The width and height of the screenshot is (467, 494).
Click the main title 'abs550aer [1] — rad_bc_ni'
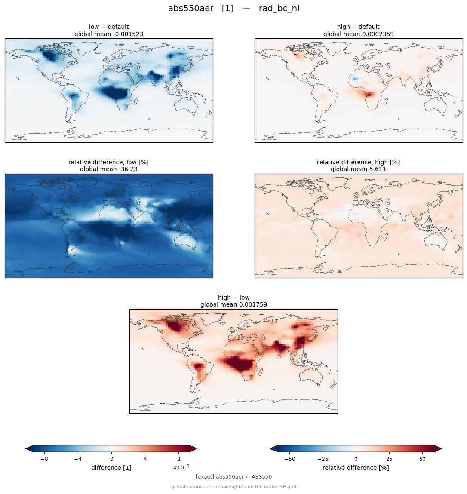(x=233, y=9)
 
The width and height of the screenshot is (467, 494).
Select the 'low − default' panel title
(x=109, y=27)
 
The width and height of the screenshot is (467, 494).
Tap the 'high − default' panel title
(x=358, y=27)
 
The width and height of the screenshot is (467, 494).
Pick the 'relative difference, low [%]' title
(x=108, y=162)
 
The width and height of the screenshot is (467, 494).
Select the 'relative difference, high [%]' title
(x=358, y=162)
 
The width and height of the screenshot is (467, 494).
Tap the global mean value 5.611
(x=377, y=169)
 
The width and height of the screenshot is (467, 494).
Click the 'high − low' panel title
(x=233, y=298)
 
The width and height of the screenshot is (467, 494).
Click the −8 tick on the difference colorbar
(x=44, y=459)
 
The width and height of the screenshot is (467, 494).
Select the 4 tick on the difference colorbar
(x=145, y=459)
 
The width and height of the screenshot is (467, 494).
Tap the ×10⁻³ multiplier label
(x=181, y=467)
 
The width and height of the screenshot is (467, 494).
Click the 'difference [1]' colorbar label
(x=111, y=468)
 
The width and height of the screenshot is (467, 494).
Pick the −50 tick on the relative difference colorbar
(x=289, y=459)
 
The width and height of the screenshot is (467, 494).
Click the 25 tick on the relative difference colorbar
(x=389, y=459)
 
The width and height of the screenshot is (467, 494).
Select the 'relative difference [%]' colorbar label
(x=356, y=468)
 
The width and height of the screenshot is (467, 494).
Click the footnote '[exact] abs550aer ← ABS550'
(x=233, y=477)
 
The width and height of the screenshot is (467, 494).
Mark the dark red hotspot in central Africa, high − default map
(x=369, y=94)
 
